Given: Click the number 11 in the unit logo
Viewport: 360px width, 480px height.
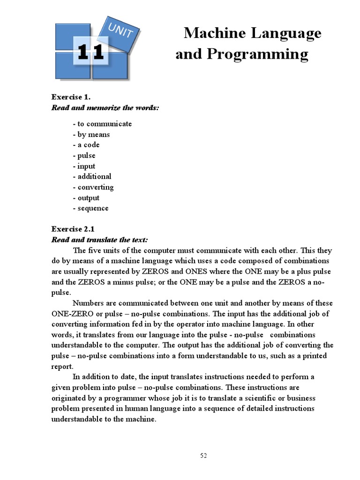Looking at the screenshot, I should tap(90, 52).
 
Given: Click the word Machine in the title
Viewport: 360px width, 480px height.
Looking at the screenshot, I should tap(209, 34).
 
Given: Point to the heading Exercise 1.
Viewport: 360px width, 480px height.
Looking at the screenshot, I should tap(70, 97).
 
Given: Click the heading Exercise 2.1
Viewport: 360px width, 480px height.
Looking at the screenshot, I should tap(73, 229).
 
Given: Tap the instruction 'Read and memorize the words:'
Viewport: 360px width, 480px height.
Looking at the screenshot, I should tap(105, 108).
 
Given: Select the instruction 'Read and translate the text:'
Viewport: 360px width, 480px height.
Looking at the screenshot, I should tap(99, 240).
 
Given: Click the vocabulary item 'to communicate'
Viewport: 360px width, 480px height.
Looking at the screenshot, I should tap(105, 124).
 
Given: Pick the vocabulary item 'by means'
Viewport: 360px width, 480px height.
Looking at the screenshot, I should tap(93, 135).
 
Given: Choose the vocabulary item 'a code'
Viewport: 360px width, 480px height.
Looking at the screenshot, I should tap(88, 145).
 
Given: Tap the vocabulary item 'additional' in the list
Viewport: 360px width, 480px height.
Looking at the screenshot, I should tap(94, 177).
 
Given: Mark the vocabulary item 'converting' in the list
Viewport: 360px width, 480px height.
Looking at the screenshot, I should tap(96, 187).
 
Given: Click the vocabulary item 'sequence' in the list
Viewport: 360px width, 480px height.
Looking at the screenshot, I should tap(93, 208).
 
